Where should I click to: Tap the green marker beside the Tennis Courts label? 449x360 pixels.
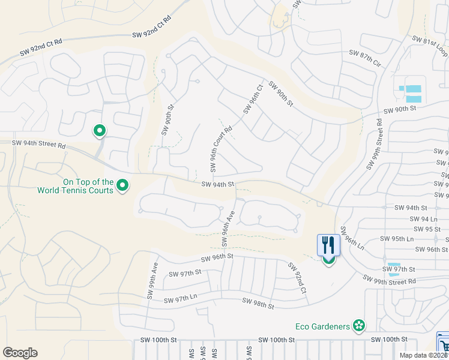(x=122, y=186)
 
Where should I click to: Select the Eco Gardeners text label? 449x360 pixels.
(x=323, y=326)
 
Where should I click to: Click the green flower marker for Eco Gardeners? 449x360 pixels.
(x=359, y=326)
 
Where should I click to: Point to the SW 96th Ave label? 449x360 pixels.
(x=227, y=228)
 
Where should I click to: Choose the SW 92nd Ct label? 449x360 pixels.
(x=297, y=278)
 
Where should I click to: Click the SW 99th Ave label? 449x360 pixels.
(x=152, y=281)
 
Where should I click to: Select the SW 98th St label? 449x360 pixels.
(x=258, y=303)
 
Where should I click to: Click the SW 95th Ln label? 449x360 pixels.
(x=399, y=239)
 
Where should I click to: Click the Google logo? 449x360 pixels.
(x=20, y=353)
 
